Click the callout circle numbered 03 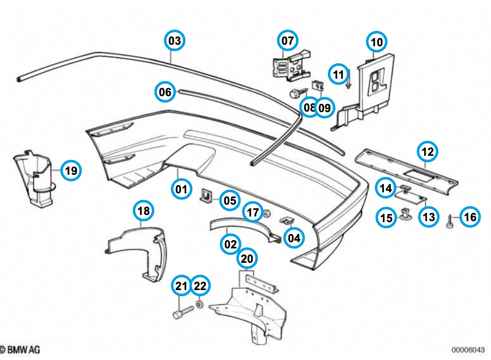coord(175,41)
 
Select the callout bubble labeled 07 coord(288,40)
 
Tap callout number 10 coord(377,42)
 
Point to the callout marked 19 coord(71,170)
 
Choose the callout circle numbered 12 coord(427,151)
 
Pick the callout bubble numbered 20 coord(247,258)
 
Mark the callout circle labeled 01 coord(181,189)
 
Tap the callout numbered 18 coord(144,210)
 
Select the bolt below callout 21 coord(183,311)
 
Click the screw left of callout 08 coord(295,95)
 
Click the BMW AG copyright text coord(21,350)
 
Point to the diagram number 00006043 coord(469,350)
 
